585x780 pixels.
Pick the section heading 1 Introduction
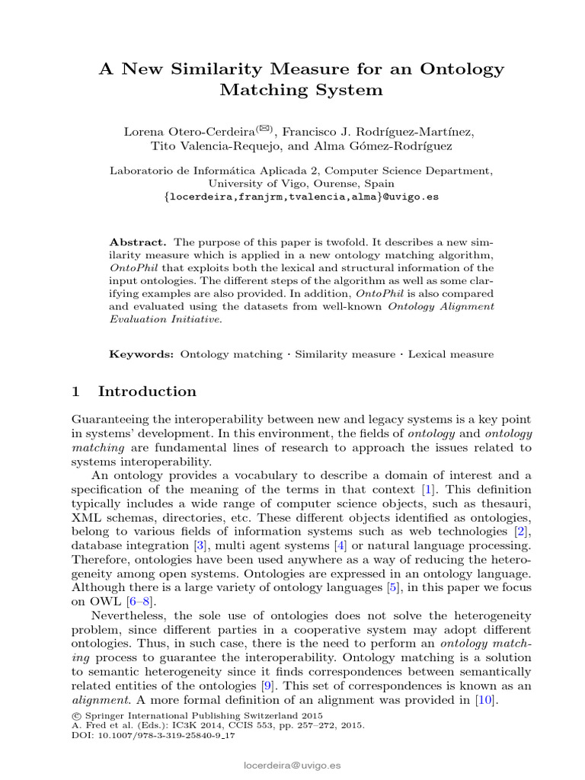click(133, 392)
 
